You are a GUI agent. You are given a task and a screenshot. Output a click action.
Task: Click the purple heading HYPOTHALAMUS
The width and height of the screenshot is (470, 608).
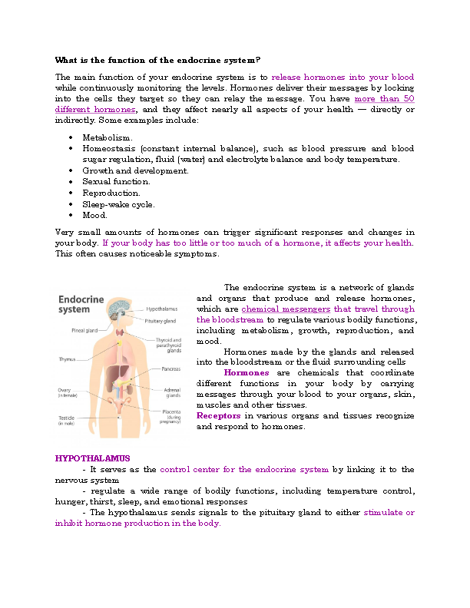(x=92, y=458)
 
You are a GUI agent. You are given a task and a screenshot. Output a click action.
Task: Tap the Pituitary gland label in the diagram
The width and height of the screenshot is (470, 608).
(x=161, y=320)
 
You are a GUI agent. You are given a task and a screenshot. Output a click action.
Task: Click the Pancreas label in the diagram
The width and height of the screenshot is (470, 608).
(x=170, y=369)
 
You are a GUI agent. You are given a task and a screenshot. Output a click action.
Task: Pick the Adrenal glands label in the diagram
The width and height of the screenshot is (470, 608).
(x=172, y=392)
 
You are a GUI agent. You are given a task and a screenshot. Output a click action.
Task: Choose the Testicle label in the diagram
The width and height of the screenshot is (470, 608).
(x=68, y=420)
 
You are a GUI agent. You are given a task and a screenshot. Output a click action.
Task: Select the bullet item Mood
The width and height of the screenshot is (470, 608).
(x=95, y=216)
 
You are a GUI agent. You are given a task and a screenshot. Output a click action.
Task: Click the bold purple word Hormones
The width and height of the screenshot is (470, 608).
(x=246, y=372)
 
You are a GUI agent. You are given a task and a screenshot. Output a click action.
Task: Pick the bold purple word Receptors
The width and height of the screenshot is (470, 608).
(x=219, y=415)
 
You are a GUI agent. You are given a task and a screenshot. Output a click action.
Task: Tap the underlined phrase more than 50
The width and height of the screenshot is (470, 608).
(x=384, y=99)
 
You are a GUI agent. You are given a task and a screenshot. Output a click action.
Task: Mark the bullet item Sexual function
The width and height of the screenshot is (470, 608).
(x=116, y=182)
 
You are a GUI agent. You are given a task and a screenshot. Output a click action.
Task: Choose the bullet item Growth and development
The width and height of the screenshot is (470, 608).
(x=135, y=170)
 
